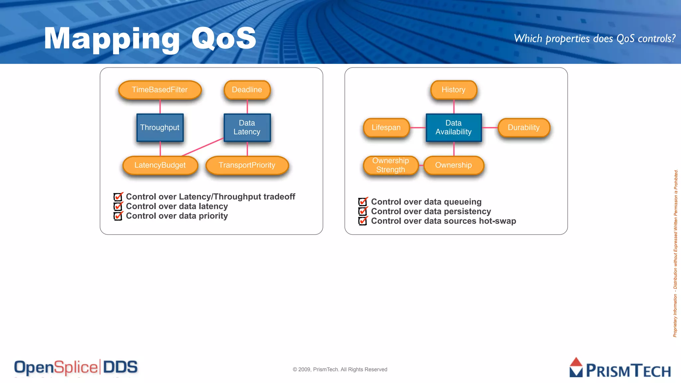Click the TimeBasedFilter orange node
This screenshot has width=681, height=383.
160,90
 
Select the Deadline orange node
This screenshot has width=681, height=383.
247,90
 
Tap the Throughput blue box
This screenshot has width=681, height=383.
160,128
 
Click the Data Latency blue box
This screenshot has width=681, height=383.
247,128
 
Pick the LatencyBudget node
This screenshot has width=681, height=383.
160,165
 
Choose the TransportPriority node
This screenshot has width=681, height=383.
247,165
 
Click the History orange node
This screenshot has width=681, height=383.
454,90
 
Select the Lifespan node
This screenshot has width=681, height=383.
386,128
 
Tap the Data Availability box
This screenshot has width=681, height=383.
454,128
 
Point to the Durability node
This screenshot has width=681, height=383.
524,128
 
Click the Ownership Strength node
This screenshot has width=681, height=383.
390,165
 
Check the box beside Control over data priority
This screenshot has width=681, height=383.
118,216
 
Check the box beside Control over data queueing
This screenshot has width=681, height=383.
363,202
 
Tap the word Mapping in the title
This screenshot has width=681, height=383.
112,39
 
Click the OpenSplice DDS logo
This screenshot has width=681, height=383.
76,368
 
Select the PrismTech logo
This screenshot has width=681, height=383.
620,368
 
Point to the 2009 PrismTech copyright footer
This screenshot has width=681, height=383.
340,369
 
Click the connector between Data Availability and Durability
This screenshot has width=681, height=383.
490,128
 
